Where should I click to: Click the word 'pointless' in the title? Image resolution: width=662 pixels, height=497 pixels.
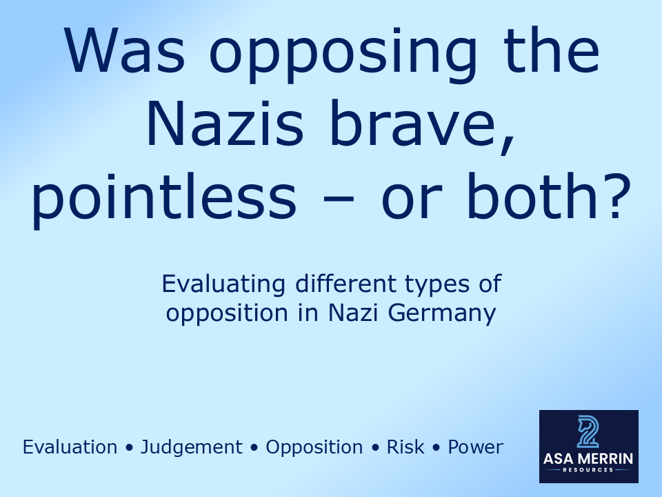(x=163, y=197)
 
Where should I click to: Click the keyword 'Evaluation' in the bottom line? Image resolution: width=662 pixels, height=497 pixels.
(x=70, y=447)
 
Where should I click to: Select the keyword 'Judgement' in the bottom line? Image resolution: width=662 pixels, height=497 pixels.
(x=192, y=448)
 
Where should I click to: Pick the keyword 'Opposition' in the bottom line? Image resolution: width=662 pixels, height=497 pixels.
(x=314, y=448)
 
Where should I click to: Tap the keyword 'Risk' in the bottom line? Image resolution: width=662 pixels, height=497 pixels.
(x=406, y=447)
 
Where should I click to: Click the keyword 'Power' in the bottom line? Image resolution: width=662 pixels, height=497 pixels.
(x=476, y=447)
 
